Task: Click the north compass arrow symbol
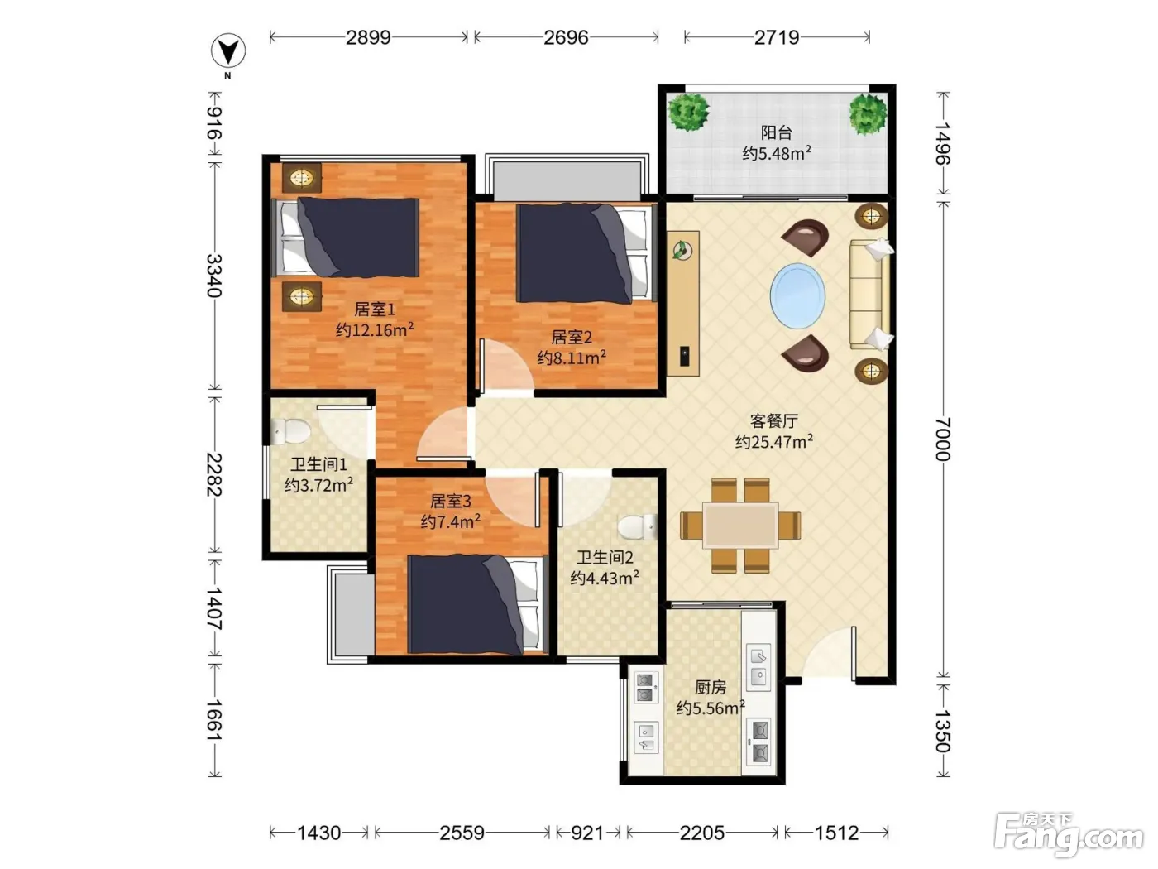tap(228, 51)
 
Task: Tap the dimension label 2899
tap(368, 37)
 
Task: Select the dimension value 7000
tap(942, 439)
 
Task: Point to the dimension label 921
tap(587, 833)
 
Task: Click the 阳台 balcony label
tap(776, 132)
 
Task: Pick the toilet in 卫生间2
tap(637, 526)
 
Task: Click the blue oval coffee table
tap(797, 296)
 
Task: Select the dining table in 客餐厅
tap(740, 525)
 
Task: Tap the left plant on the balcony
tap(688, 112)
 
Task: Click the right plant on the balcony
tap(868, 113)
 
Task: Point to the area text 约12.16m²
tap(375, 329)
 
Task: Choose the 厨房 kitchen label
tap(710, 687)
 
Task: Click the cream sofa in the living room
tap(870, 294)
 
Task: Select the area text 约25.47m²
tap(774, 441)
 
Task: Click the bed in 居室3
tap(477, 604)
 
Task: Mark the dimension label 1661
tap(213, 720)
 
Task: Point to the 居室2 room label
tap(572, 337)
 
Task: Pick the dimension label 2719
tap(777, 37)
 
